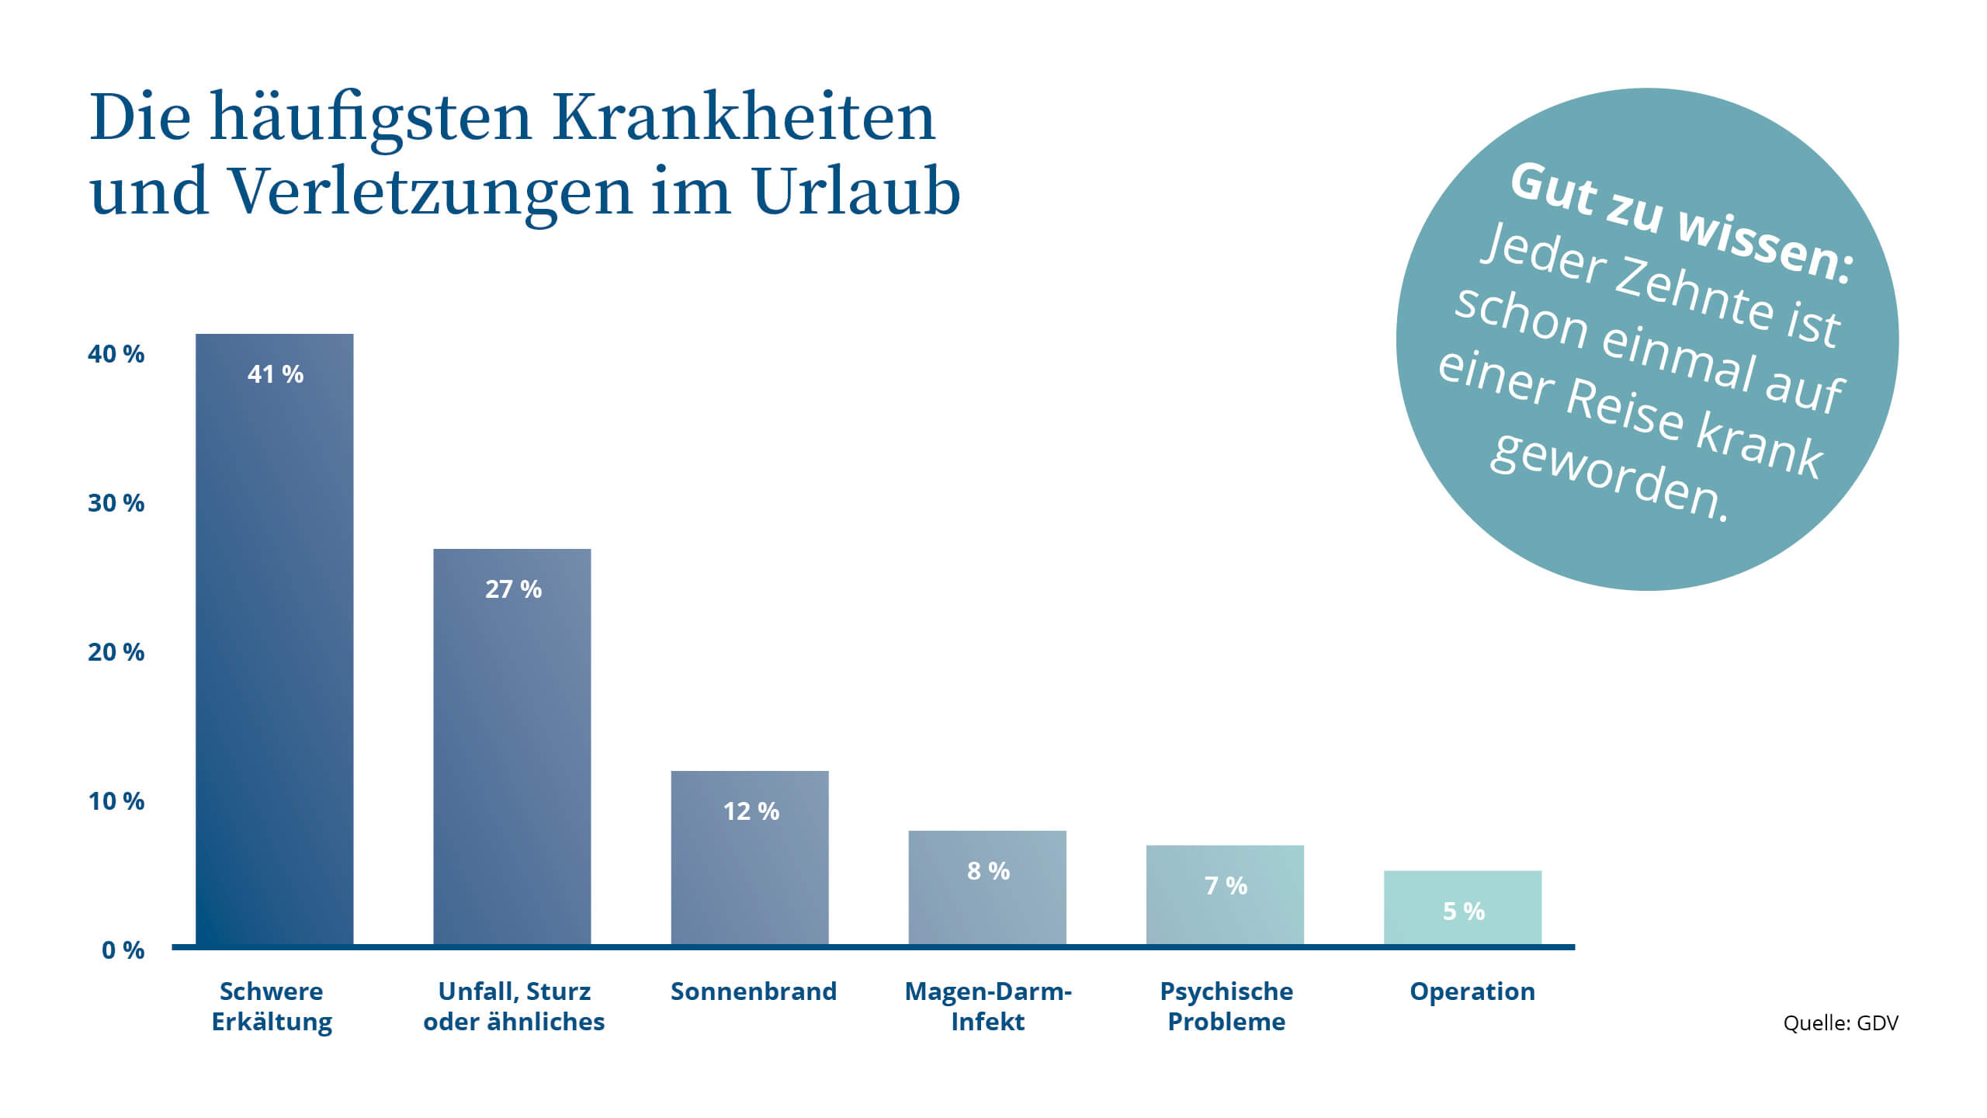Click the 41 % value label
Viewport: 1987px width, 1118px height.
coord(276,374)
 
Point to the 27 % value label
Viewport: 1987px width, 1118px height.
coord(513,589)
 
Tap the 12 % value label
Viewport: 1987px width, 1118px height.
coord(751,811)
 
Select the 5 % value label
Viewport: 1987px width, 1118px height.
coord(1463,911)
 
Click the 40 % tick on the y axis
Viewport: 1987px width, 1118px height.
coord(116,354)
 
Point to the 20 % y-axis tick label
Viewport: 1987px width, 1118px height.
coord(116,652)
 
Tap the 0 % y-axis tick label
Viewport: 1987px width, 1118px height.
coord(123,950)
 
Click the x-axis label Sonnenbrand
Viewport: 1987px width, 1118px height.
coord(753,991)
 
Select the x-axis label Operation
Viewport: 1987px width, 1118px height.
coord(1472,991)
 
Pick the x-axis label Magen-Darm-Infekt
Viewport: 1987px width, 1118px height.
coord(987,1006)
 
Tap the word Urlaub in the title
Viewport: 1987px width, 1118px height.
coord(856,191)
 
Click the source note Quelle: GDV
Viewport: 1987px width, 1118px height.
coord(1840,1023)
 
